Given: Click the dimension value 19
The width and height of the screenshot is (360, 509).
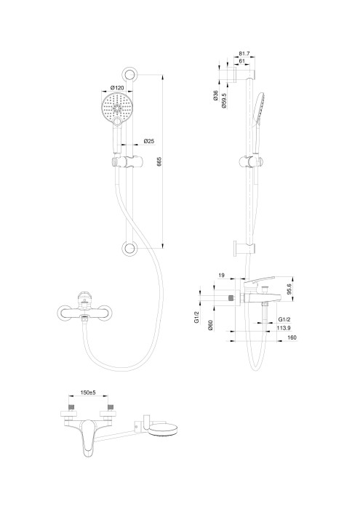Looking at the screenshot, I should (222, 276).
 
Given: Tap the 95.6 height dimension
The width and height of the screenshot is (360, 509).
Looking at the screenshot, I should (289, 289).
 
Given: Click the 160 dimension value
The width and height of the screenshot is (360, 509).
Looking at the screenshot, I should (291, 337).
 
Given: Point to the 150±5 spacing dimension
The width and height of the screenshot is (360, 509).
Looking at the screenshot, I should (89, 393).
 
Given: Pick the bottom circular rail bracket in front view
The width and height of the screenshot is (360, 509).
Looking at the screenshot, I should (130, 249).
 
